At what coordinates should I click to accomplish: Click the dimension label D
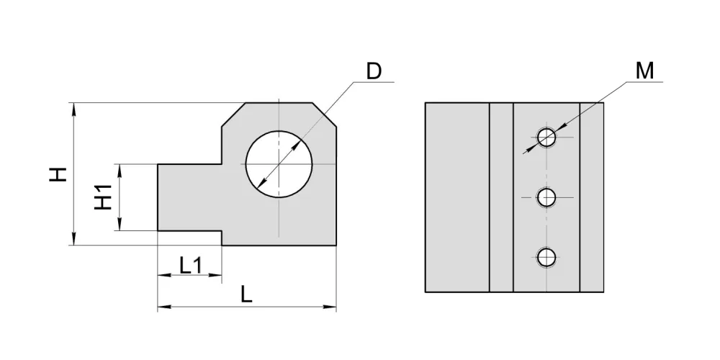(x=374, y=71)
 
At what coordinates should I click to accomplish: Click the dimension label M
(x=644, y=71)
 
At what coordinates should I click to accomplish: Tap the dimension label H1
(x=104, y=197)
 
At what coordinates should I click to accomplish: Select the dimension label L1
(x=190, y=266)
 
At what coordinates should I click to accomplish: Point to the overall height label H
(x=58, y=174)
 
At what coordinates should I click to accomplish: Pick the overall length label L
(x=246, y=294)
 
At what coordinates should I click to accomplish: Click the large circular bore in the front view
(x=279, y=164)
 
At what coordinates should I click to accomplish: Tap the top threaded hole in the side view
(x=546, y=137)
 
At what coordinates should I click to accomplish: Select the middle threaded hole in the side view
(x=546, y=198)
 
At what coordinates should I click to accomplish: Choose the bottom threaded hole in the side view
(x=546, y=258)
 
